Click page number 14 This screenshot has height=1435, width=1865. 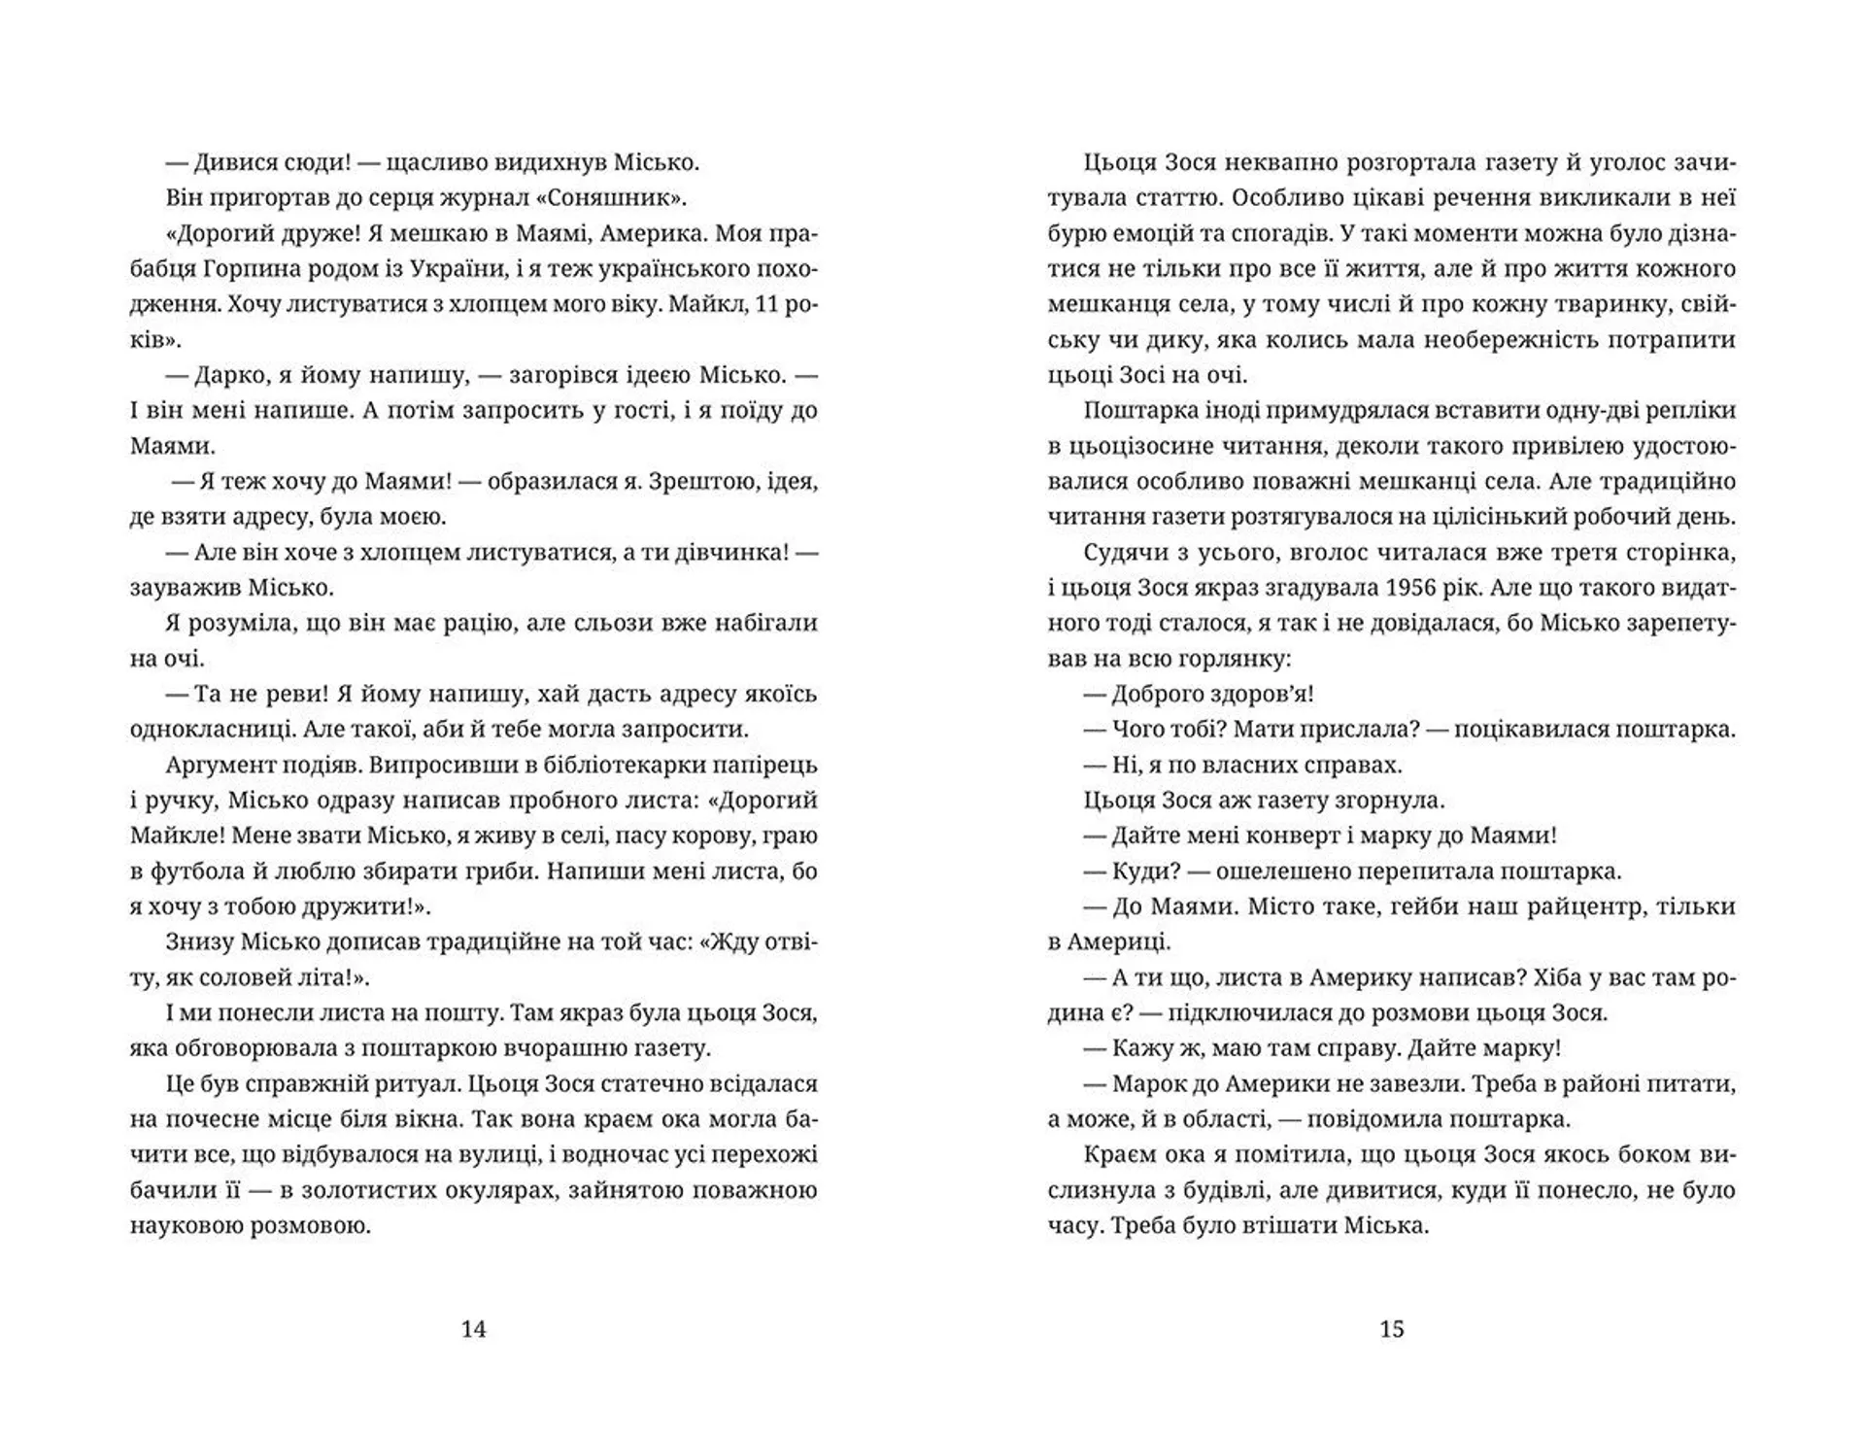(x=473, y=1329)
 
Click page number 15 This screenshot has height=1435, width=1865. (x=1391, y=1329)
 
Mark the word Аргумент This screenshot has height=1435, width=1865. (x=218, y=765)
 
